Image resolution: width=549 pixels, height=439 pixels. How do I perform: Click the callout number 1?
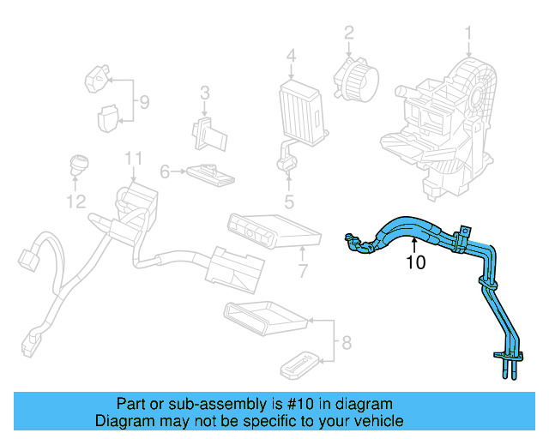click(469, 34)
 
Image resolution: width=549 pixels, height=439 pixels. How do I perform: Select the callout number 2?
click(349, 33)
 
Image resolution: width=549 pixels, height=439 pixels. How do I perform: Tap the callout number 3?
click(205, 93)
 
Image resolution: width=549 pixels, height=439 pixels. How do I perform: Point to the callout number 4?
click(291, 57)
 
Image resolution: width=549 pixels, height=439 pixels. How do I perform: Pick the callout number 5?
click(289, 202)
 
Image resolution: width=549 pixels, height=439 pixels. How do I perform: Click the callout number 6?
click(166, 172)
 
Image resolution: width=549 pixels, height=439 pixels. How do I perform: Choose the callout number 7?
click(302, 273)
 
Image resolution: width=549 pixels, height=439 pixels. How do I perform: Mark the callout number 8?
click(346, 344)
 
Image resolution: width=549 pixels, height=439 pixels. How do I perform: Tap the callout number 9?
click(144, 103)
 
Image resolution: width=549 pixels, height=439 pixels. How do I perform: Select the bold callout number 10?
click(415, 262)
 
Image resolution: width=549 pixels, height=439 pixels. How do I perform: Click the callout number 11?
click(132, 158)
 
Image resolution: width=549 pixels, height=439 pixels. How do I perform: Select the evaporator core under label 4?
click(301, 108)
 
